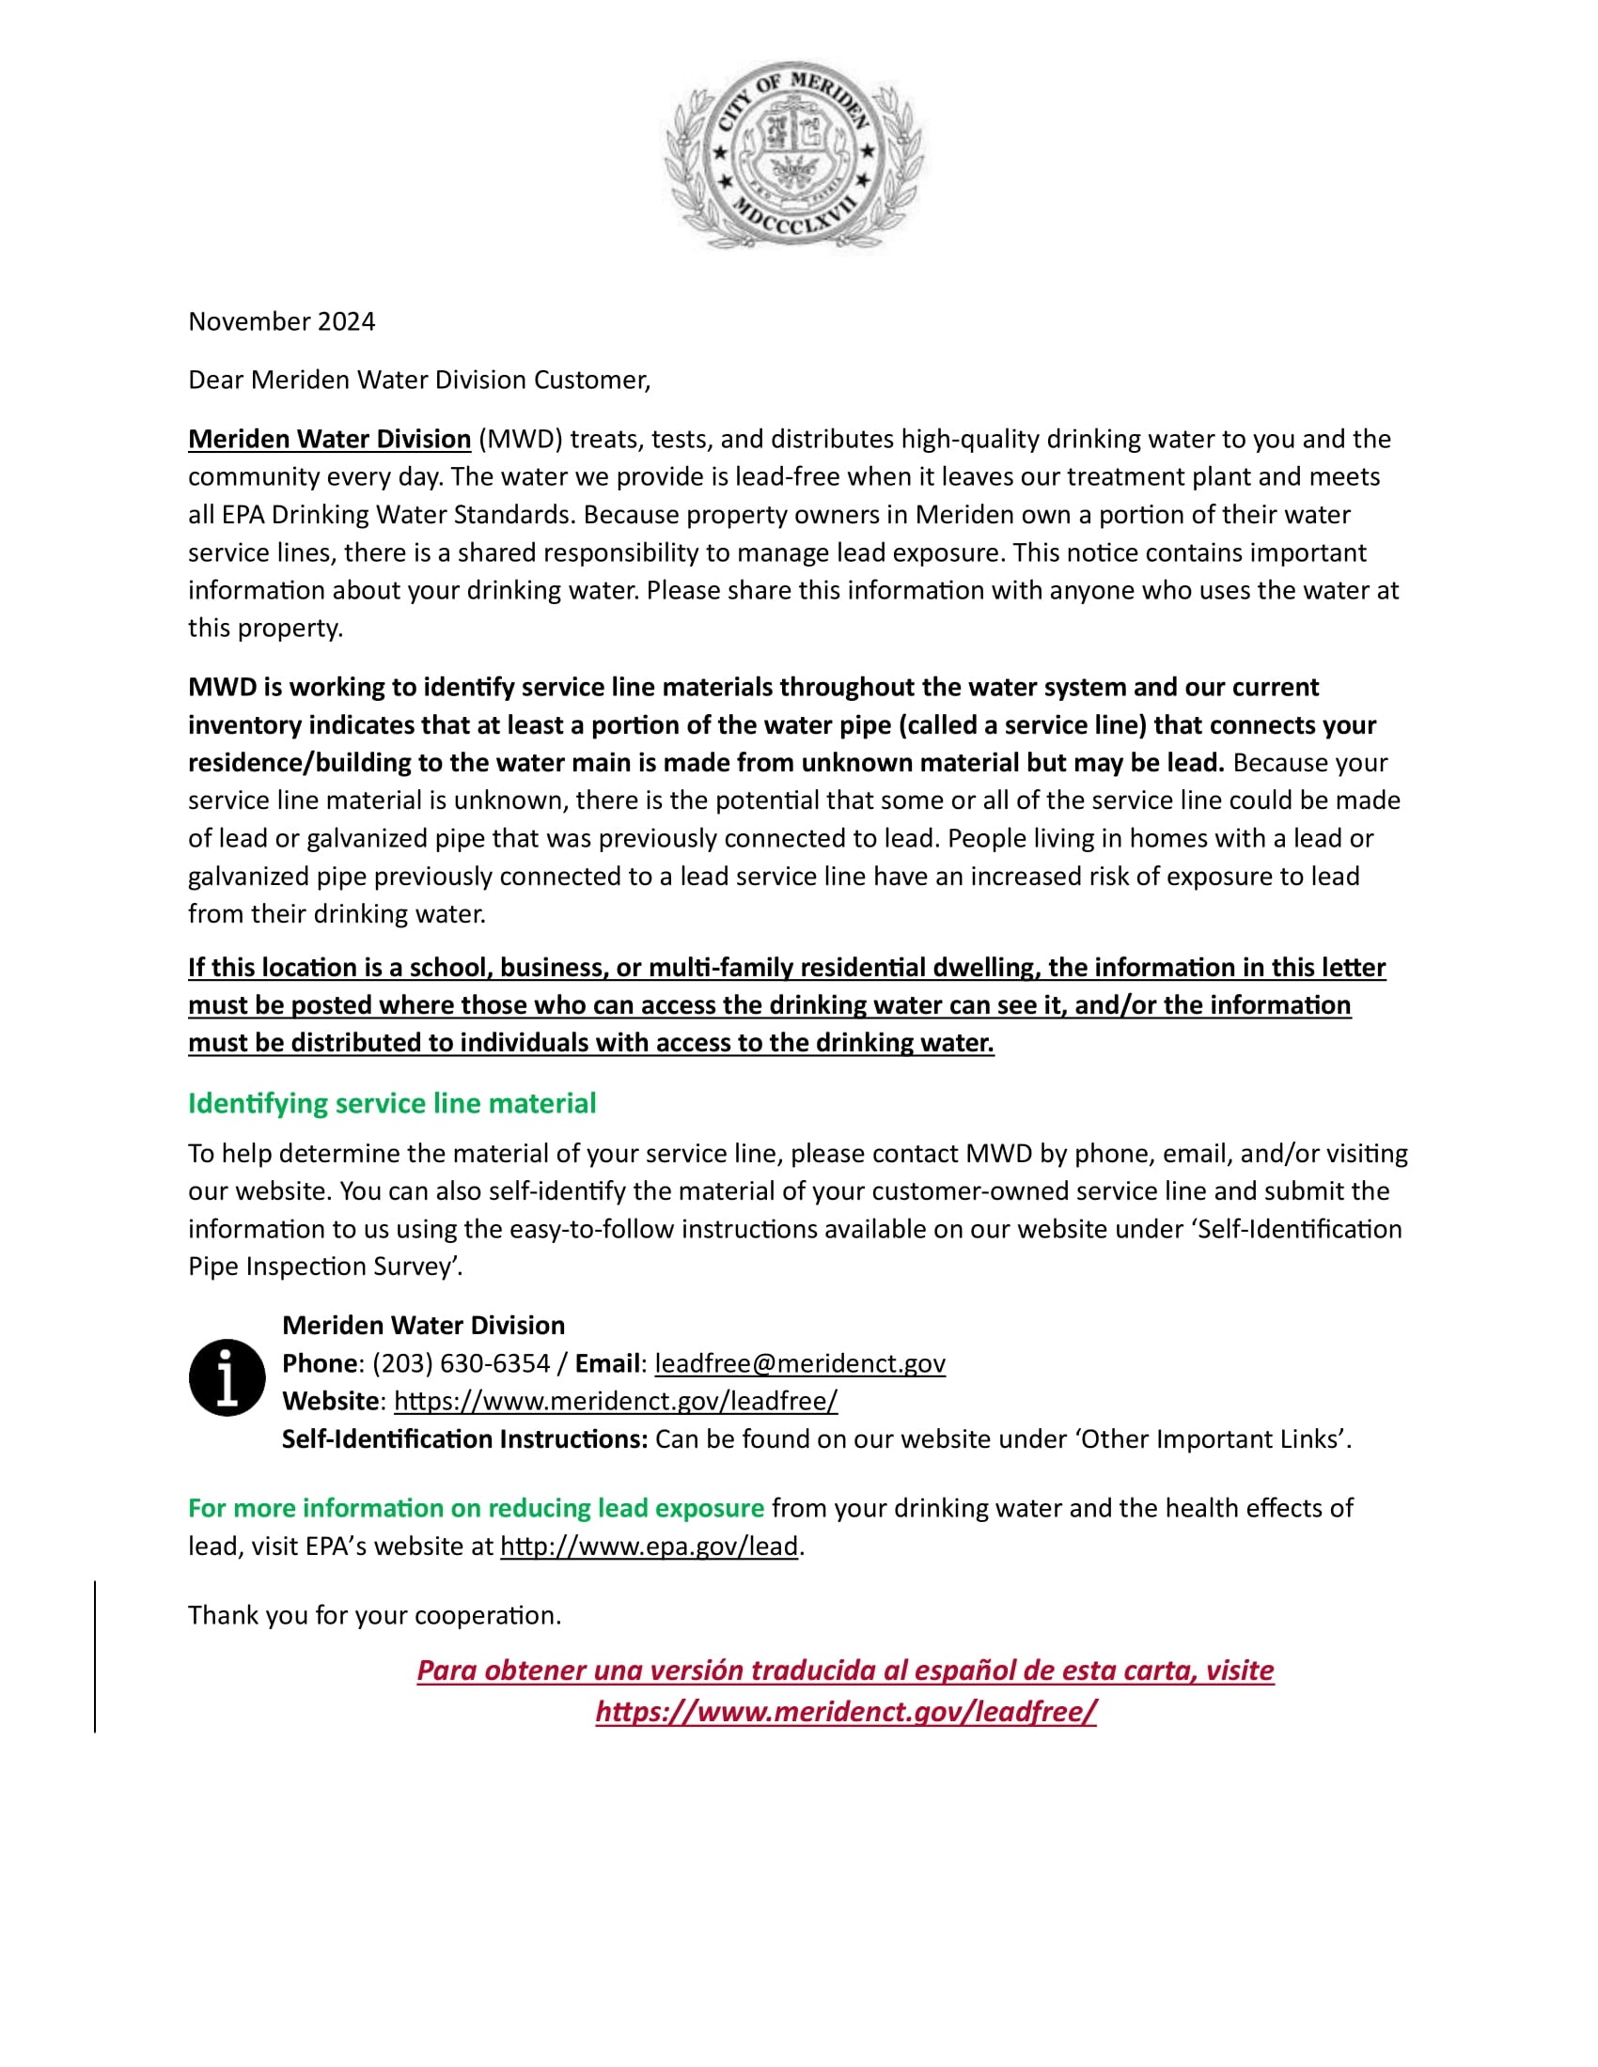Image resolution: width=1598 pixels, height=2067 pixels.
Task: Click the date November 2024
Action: click(281, 321)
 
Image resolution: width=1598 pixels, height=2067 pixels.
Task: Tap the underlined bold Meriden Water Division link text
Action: click(329, 439)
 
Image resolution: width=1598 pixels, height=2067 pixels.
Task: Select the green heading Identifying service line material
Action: click(392, 1104)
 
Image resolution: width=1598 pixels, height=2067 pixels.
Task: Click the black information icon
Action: click(227, 1377)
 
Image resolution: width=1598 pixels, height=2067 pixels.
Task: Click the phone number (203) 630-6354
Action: click(461, 1363)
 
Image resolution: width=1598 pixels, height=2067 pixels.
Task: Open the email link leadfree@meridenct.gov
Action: click(799, 1363)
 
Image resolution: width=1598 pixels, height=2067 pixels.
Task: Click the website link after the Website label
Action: click(616, 1401)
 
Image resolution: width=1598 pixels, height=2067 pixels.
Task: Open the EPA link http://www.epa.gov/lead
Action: click(650, 1546)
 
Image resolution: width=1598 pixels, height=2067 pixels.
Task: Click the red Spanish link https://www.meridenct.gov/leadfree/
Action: click(845, 1711)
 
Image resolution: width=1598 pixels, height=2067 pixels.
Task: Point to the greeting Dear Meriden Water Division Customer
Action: click(419, 381)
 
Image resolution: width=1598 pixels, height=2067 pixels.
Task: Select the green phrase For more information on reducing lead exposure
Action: click(477, 1508)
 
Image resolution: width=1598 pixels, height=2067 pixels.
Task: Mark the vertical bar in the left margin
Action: click(95, 1656)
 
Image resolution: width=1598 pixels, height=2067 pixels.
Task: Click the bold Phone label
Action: click(320, 1363)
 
